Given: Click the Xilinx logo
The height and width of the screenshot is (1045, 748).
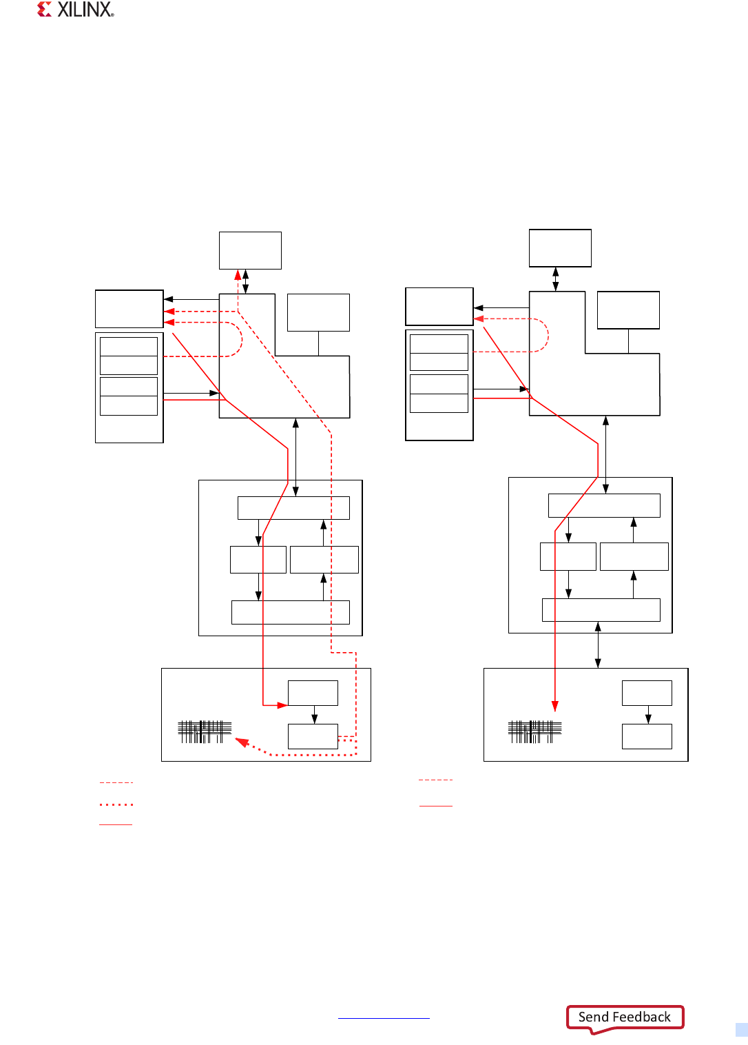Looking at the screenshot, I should coord(75,10).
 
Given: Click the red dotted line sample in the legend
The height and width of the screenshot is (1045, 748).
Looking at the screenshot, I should coord(116,804).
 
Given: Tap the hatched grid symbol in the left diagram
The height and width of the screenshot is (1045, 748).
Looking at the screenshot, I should coord(205,731).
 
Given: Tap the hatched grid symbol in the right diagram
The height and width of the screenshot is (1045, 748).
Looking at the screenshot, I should coord(535,731).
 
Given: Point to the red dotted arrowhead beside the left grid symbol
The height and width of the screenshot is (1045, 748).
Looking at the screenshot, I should coord(242,742).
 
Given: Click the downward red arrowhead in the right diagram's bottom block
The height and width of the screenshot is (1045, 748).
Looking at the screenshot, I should coord(554,706).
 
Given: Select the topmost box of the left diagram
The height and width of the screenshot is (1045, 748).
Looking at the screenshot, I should coord(250,250).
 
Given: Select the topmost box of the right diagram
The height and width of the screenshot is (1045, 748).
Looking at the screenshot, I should coord(560,248).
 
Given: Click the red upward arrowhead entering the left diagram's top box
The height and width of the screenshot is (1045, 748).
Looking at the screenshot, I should coord(238,274).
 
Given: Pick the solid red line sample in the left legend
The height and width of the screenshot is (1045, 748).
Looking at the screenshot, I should coord(116,824).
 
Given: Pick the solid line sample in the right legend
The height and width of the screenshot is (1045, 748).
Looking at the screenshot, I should coord(436,806).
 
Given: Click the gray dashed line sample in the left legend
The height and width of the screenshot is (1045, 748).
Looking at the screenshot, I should coord(116,783).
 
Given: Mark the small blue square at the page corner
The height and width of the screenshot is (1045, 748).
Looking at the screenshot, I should coord(741,1030).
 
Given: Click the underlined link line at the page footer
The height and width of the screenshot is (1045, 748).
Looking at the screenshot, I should coord(384,1018).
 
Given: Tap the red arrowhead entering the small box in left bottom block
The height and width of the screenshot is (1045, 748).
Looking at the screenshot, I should coord(282,705).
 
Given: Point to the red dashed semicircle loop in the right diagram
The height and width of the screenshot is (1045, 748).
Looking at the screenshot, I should coord(541,335).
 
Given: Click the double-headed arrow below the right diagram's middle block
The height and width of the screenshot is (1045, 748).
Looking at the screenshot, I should coord(598,645).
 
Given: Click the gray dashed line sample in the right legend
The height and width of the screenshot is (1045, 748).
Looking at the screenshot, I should coord(436,780).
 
